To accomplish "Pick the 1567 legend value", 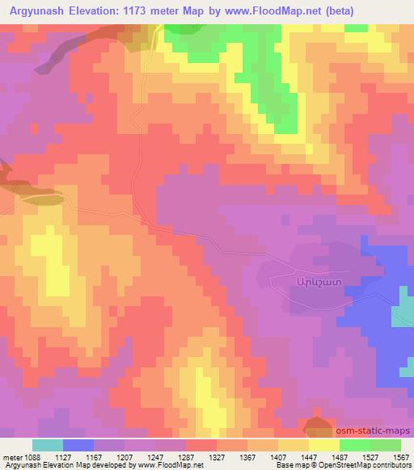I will [399, 457].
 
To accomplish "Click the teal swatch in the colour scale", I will [48, 445].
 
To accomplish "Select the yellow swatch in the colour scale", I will [324, 445].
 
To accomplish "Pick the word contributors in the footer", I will [395, 466].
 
